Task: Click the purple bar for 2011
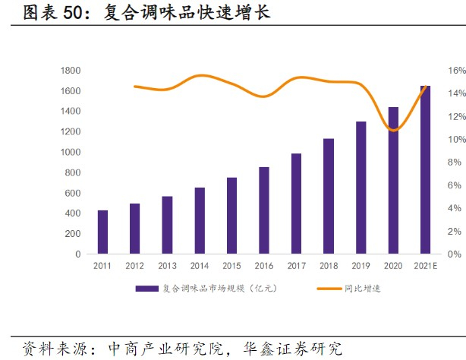(102, 232)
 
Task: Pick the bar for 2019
(361, 188)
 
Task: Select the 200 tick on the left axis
(74, 234)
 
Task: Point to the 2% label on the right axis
(454, 231)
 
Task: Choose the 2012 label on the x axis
(134, 266)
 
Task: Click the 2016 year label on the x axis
(263, 266)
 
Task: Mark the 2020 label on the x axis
(392, 266)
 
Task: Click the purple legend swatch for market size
(147, 289)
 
